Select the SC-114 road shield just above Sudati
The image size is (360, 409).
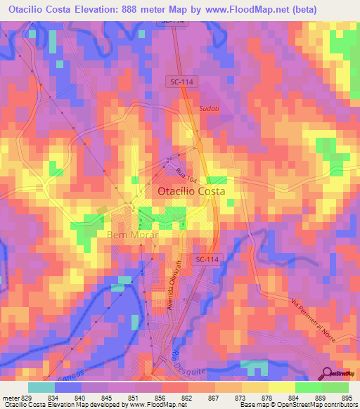[x=183, y=82]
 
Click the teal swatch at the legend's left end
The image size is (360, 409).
[x=41, y=387]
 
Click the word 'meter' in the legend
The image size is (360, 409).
[x=11, y=397]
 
